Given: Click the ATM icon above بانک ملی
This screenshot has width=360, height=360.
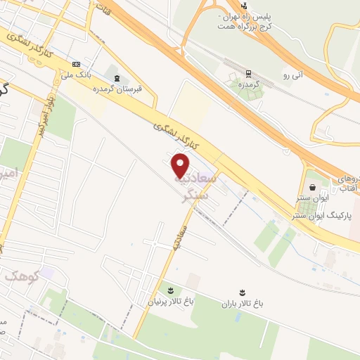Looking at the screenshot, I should (76, 64).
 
